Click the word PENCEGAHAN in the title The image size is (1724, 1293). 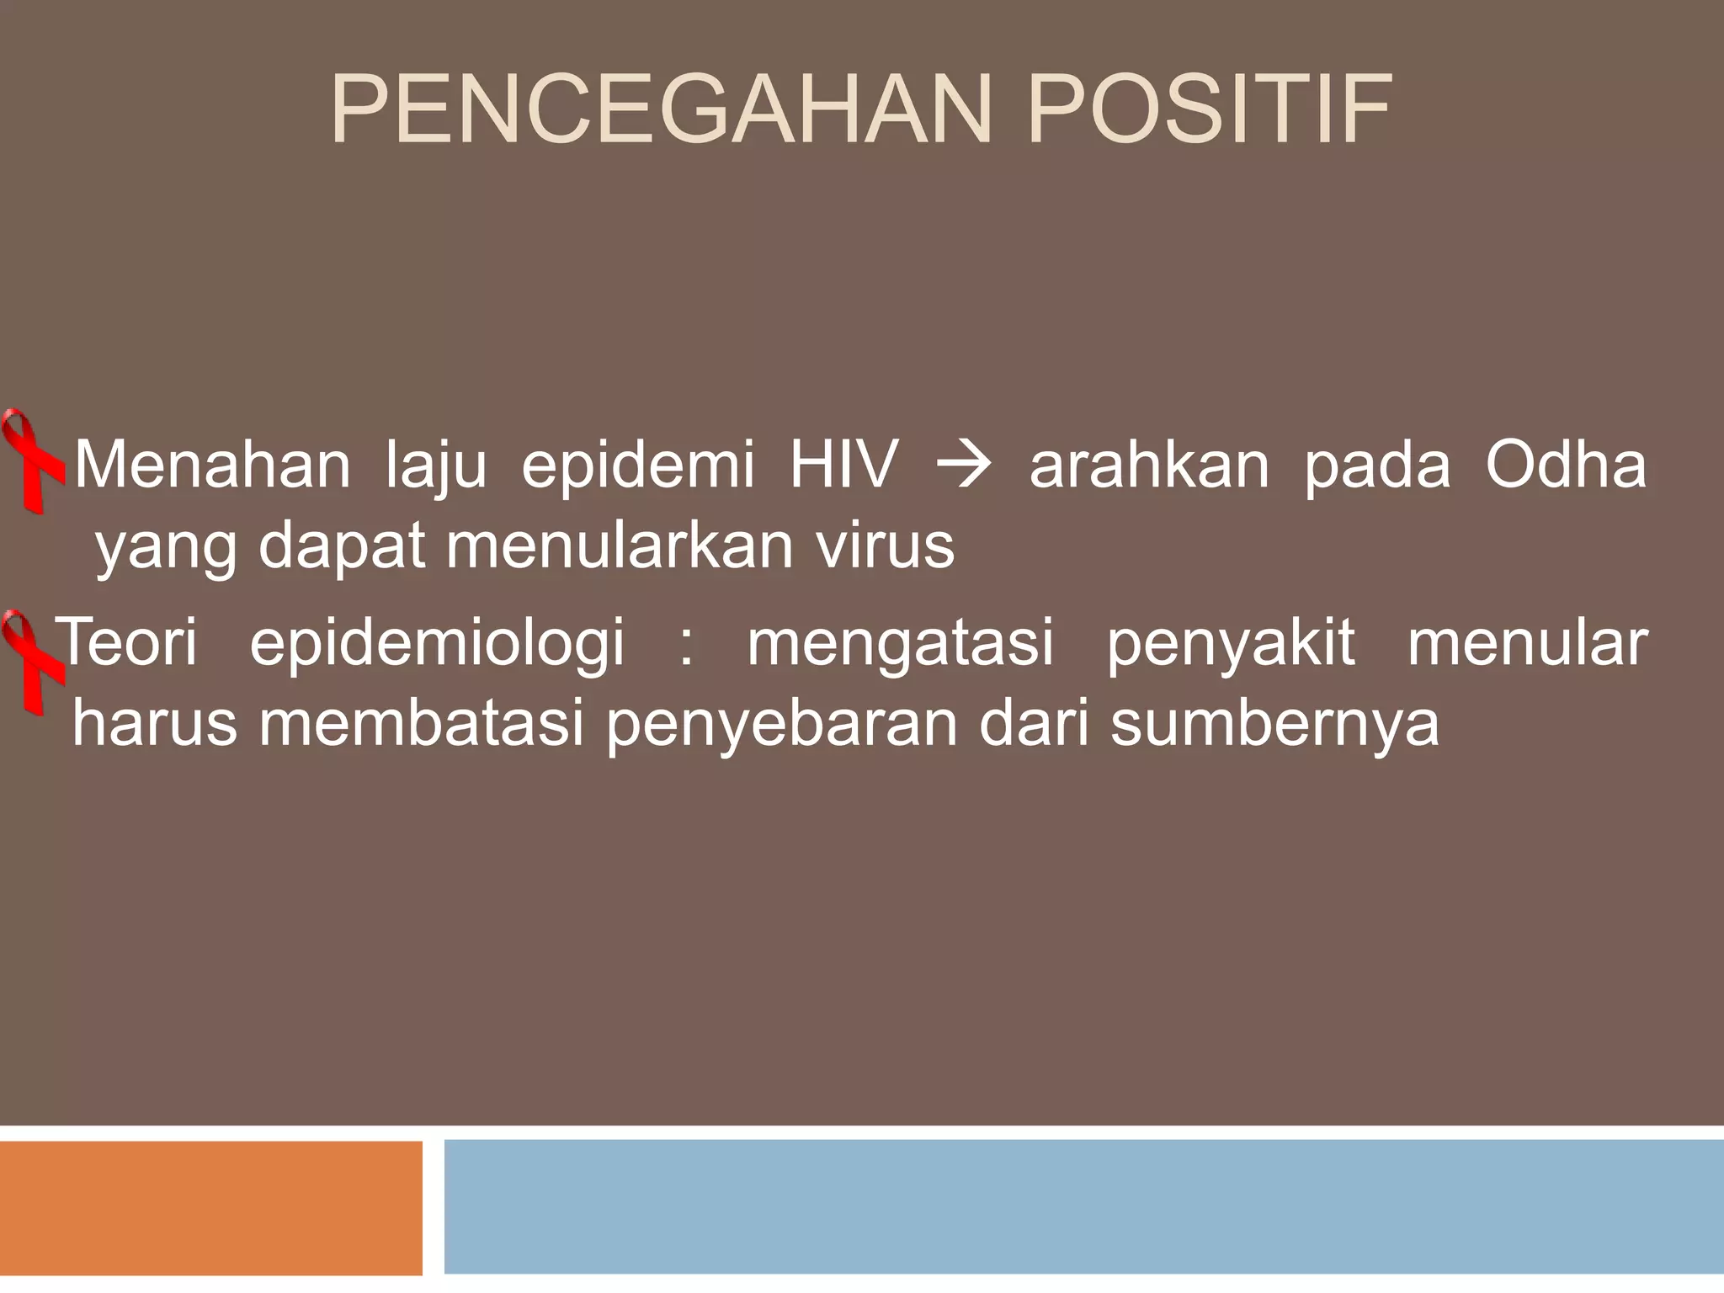tap(669, 112)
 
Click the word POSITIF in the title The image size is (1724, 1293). tap(1209, 112)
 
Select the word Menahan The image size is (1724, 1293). tap(213, 466)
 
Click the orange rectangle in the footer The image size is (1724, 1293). tap(210, 1207)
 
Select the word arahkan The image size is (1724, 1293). tap(1149, 466)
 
